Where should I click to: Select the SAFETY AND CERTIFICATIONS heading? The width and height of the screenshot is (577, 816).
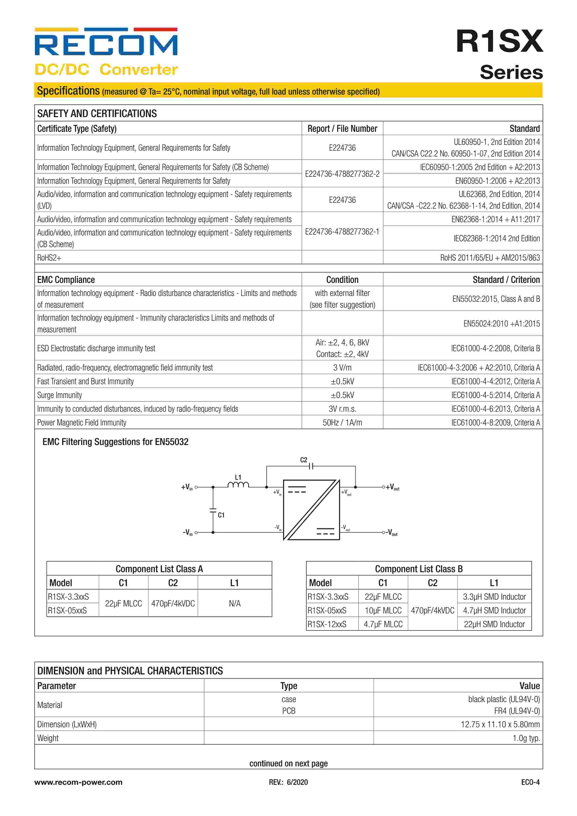tap(97, 114)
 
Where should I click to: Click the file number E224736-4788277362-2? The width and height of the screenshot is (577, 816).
tap(342, 174)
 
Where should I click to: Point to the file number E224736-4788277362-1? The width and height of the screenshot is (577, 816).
tap(342, 232)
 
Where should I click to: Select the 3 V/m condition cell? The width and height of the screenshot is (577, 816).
tap(342, 367)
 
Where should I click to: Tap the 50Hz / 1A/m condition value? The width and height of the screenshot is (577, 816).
tap(342, 423)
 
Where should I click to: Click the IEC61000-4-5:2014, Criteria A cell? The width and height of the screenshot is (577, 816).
tap(495, 395)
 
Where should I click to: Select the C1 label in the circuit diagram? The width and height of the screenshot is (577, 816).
tap(221, 515)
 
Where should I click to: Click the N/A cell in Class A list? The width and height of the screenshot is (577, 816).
tap(234, 603)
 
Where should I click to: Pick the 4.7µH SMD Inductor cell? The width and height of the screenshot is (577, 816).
tap(494, 611)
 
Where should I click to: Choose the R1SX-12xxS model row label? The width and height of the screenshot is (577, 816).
tap(327, 624)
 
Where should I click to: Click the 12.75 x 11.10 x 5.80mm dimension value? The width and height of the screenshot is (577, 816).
tap(500, 724)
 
